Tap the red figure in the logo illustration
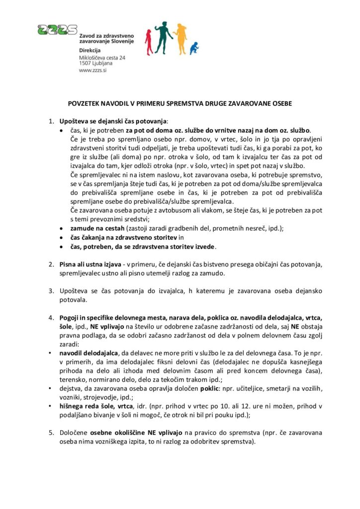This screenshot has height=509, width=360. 149,42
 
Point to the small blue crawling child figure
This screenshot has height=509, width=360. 194,48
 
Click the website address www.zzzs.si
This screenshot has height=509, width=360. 93,71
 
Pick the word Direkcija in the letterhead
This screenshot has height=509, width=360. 90,51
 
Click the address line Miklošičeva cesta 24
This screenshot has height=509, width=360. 102,58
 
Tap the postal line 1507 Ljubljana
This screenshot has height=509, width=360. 96,64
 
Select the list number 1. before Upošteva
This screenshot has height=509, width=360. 51,121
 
